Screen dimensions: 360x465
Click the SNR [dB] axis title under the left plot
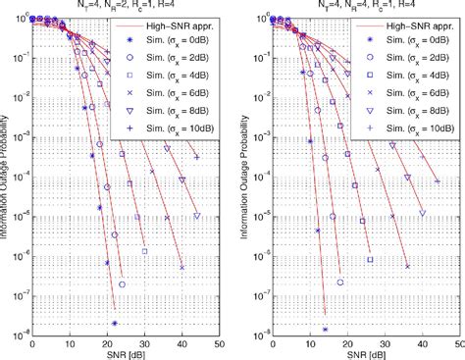[124, 353]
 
